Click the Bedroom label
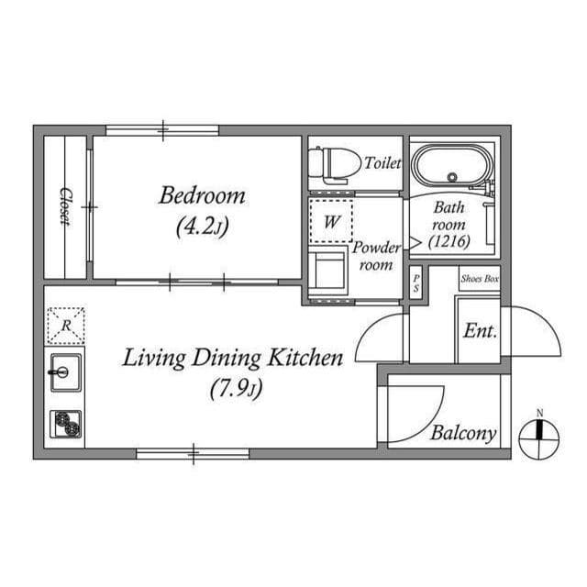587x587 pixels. (x=202, y=195)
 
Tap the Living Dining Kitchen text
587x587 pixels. (x=233, y=358)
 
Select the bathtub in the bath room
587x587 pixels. (x=451, y=168)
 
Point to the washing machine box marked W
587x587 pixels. (x=330, y=221)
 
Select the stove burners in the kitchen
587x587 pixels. (x=66, y=424)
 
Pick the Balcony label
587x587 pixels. (x=463, y=434)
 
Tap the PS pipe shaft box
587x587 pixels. (x=415, y=280)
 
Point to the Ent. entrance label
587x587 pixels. (x=480, y=331)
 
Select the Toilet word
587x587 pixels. (x=382, y=164)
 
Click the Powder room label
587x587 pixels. (x=376, y=257)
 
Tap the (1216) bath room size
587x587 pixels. (x=449, y=242)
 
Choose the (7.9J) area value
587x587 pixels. (x=235, y=390)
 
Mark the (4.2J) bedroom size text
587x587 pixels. (x=202, y=225)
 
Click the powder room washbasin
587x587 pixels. (x=327, y=271)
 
